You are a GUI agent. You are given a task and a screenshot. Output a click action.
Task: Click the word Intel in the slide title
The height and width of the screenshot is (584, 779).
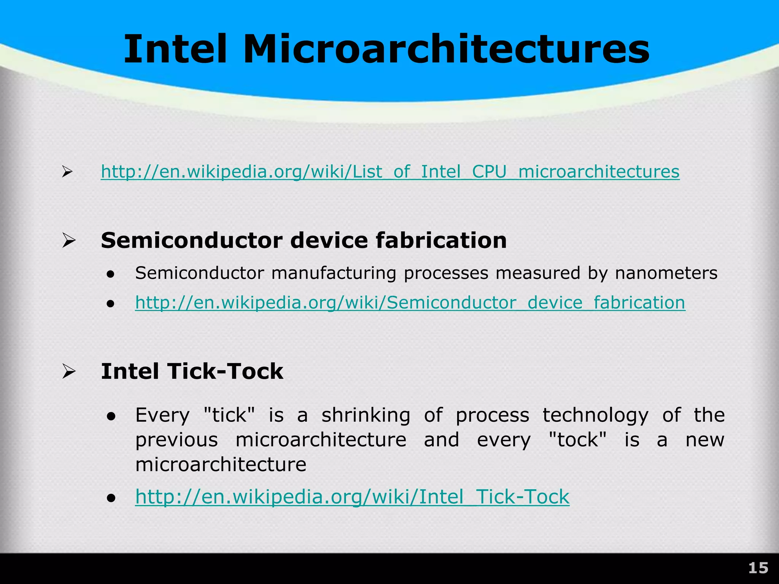175,49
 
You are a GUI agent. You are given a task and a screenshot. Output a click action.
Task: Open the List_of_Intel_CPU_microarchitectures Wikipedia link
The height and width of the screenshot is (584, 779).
390,171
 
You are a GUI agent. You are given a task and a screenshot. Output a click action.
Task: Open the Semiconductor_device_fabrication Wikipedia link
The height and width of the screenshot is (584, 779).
410,303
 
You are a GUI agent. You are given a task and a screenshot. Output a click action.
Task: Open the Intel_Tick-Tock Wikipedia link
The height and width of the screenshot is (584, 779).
352,497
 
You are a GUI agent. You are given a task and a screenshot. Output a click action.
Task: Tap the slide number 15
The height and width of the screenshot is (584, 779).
758,568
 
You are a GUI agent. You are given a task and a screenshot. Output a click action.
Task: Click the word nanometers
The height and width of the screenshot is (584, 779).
666,273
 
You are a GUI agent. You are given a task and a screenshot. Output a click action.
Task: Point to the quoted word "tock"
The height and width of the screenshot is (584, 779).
578,440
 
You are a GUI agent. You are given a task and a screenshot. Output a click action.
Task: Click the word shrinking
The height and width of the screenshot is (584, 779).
366,415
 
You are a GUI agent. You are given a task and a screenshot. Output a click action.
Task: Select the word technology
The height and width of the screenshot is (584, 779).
596,415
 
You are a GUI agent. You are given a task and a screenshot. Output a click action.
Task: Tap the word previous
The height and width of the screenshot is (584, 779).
176,440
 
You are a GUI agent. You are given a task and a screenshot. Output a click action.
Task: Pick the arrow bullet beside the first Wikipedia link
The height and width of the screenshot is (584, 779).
67,172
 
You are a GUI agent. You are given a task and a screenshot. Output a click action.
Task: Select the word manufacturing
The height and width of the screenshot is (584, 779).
334,273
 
